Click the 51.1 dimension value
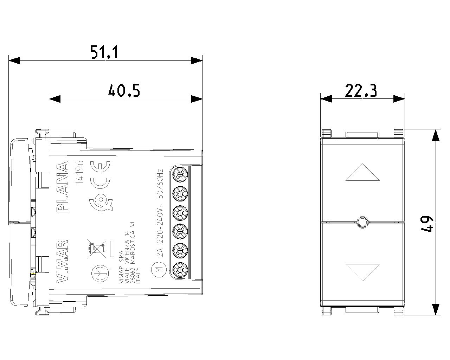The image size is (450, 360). click(x=104, y=52)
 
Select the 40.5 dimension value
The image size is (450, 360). click(x=124, y=91)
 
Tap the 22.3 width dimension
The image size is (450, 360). click(x=361, y=90)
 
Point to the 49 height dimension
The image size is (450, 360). click(x=427, y=224)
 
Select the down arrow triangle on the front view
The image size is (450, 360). click(x=362, y=272)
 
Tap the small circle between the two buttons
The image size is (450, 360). click(x=362, y=222)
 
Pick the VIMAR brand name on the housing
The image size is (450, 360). click(x=63, y=261)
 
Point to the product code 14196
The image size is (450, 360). click(x=79, y=173)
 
